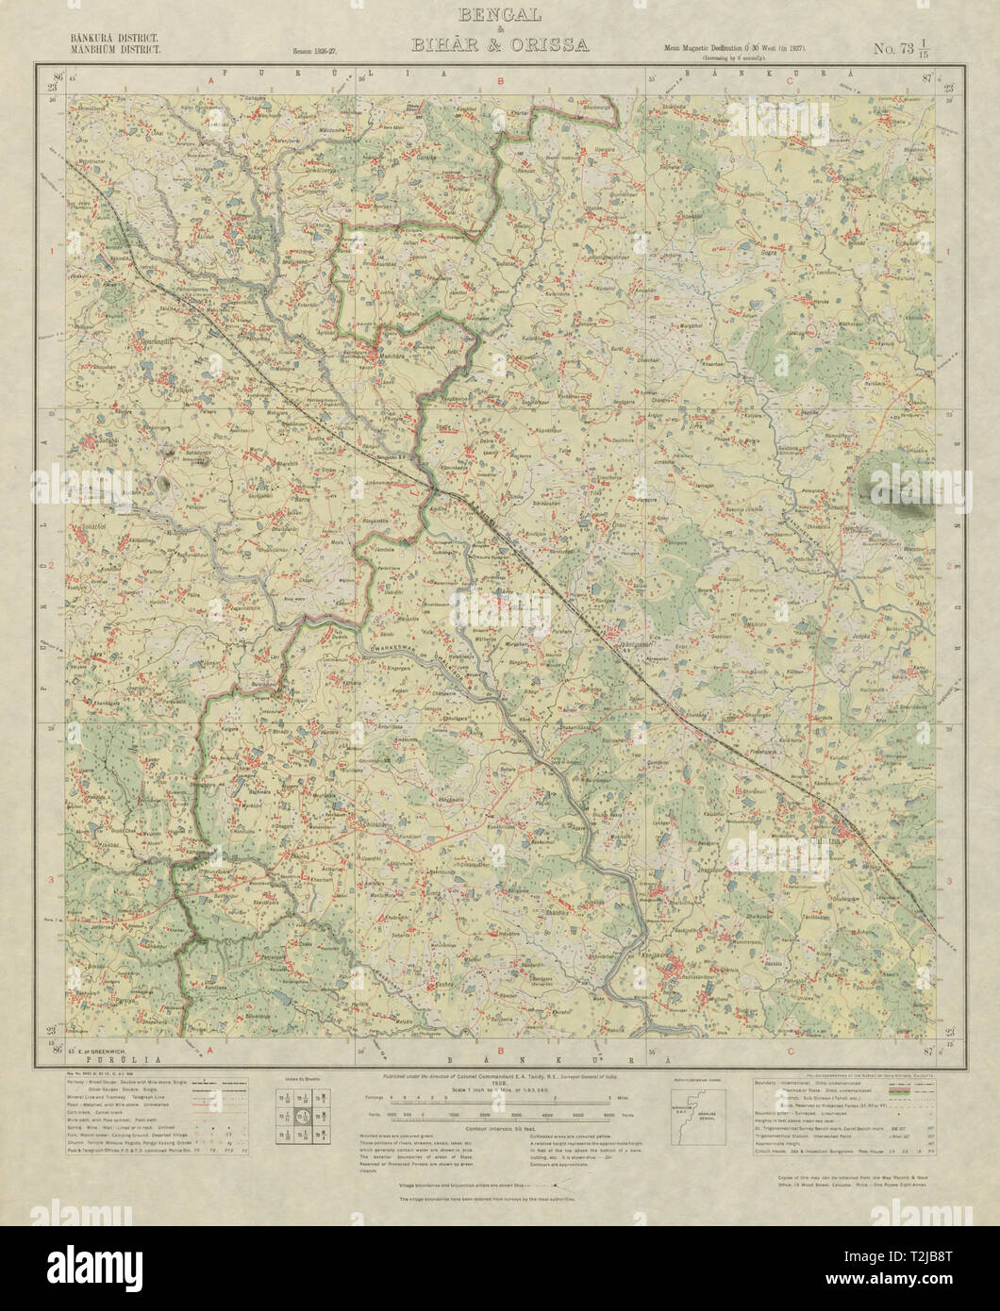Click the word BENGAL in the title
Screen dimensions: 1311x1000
499,15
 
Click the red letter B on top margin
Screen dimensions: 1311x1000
501,81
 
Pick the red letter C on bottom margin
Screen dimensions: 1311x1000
788,1047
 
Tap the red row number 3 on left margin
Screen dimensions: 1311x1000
50,879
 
